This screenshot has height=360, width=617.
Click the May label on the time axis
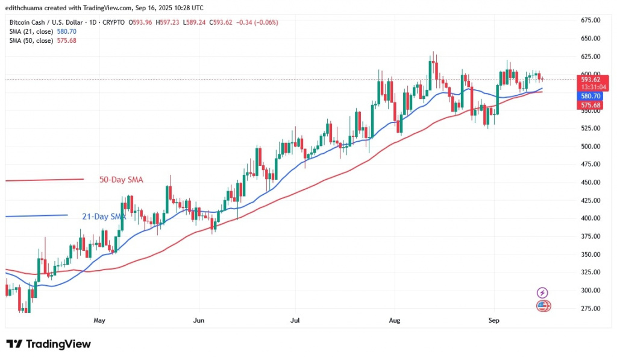[x=99, y=320]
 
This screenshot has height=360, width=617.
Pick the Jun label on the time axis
[x=198, y=320]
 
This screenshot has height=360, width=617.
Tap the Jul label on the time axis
[x=295, y=320]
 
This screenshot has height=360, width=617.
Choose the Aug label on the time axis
[x=395, y=320]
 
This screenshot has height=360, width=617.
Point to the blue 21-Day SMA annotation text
[x=104, y=216]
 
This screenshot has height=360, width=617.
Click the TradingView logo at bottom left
[x=49, y=344]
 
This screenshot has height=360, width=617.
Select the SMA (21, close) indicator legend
[x=42, y=31]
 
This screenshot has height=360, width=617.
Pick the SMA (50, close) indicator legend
[x=42, y=40]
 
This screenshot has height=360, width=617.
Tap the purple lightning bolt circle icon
[x=542, y=293]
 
